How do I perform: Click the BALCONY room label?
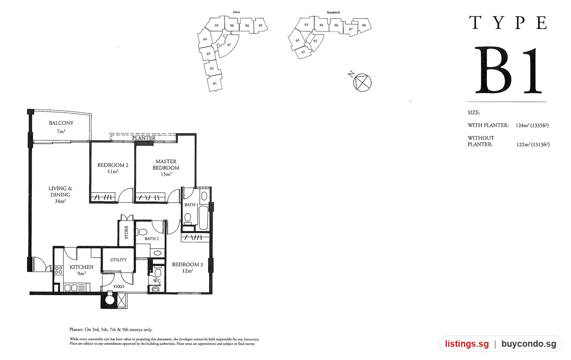click(x=61, y=123)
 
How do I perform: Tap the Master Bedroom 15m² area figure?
click(x=166, y=174)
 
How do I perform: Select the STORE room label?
click(x=126, y=232)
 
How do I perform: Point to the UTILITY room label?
click(x=118, y=260)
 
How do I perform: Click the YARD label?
click(x=119, y=287)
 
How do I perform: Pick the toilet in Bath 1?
click(x=188, y=219)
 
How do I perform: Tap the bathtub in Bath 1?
click(x=203, y=218)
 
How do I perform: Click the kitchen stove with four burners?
click(x=59, y=270)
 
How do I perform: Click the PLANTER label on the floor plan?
click(x=144, y=138)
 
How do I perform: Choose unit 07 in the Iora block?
click(x=229, y=45)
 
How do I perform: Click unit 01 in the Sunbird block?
click(x=303, y=52)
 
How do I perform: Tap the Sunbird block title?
click(x=333, y=12)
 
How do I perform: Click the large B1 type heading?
click(x=508, y=70)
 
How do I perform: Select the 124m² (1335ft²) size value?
click(x=532, y=125)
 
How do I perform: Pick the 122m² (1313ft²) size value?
click(x=533, y=144)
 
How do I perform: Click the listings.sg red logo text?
click(x=467, y=344)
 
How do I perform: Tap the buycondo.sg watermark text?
click(x=529, y=344)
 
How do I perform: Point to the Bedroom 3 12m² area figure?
click(x=187, y=271)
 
